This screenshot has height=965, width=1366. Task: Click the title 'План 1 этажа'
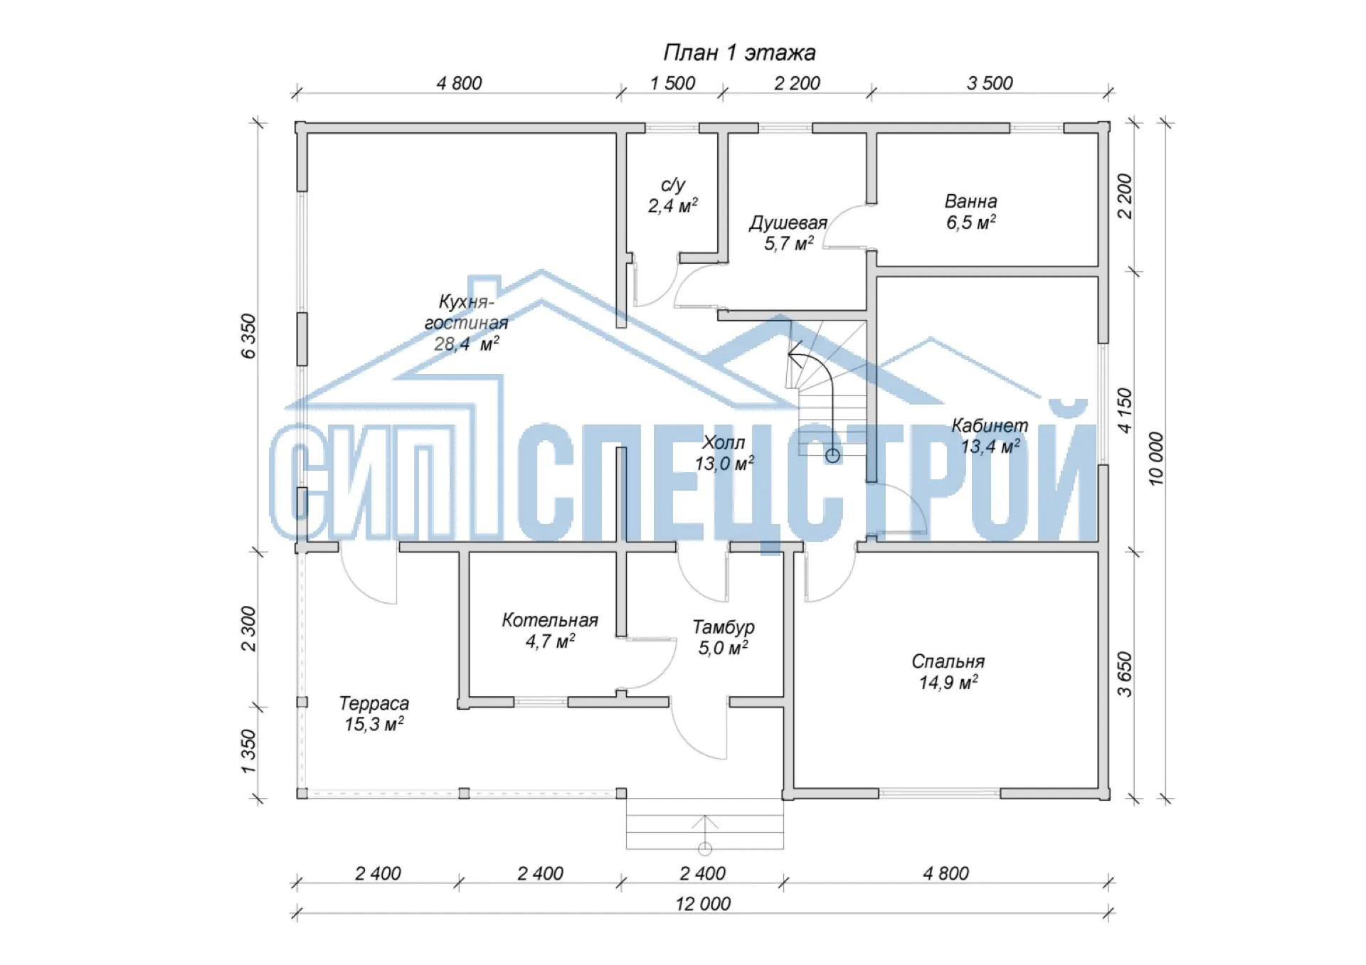[x=739, y=53]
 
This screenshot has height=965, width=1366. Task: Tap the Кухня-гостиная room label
[x=466, y=323]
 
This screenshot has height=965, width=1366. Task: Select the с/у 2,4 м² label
[x=672, y=196]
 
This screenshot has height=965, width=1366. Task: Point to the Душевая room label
[x=788, y=233]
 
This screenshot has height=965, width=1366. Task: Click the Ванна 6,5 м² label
[x=970, y=212]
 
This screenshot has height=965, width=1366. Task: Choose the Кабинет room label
[x=990, y=436]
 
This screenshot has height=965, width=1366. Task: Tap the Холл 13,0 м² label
[x=724, y=453]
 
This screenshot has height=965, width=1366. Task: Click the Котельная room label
[x=550, y=631]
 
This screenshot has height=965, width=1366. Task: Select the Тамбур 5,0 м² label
[x=723, y=637]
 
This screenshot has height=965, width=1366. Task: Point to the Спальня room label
[x=948, y=672]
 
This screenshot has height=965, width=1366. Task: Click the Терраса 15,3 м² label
[x=374, y=714]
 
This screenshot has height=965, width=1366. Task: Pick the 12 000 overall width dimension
[x=703, y=904]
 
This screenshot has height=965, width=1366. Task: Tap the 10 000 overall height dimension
[x=1156, y=459]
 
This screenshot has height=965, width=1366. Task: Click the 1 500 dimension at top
[x=672, y=83]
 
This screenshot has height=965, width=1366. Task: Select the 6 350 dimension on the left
[x=248, y=336]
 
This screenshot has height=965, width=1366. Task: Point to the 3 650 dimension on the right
[x=1124, y=674]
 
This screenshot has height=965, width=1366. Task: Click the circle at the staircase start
[x=832, y=456]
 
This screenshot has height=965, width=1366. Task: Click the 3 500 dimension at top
[x=990, y=83]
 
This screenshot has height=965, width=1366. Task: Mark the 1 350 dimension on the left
[x=248, y=752]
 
